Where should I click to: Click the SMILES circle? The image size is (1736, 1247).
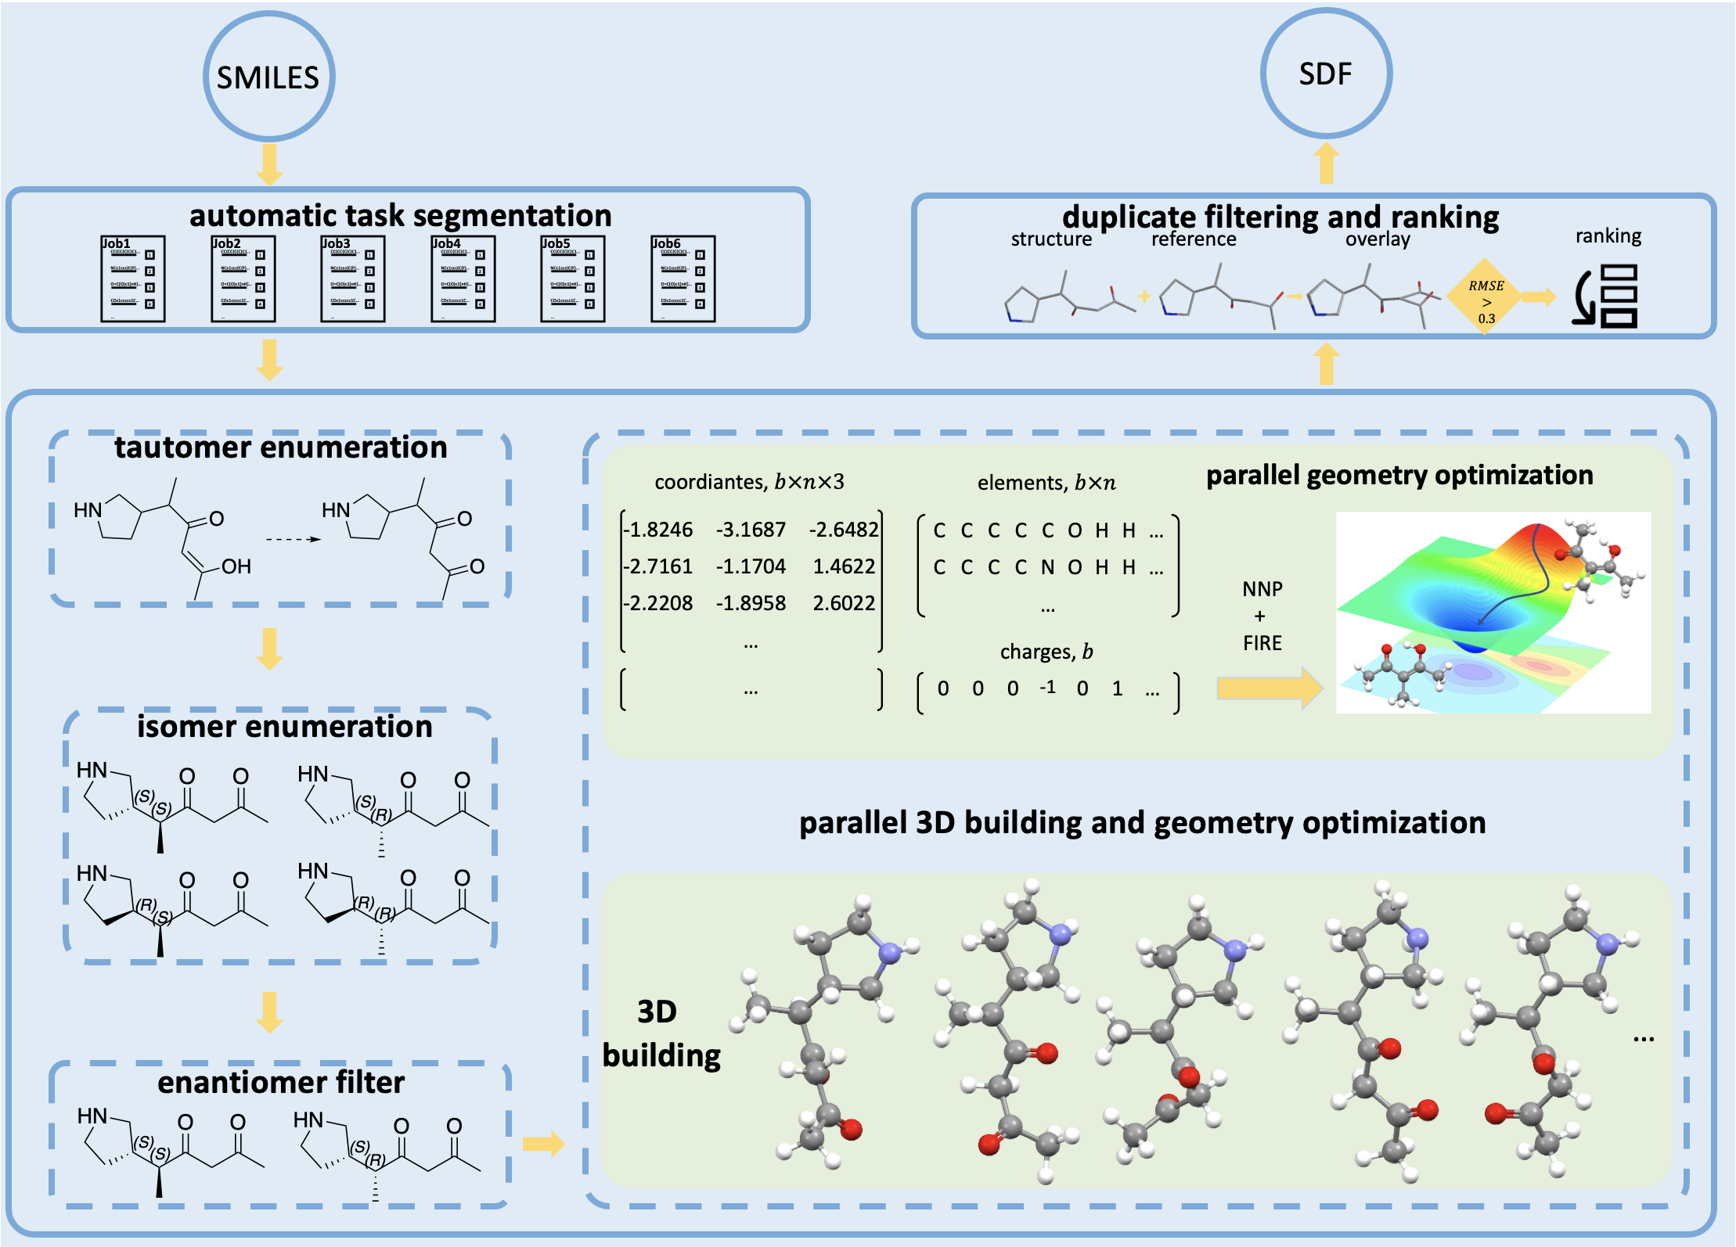point(268,77)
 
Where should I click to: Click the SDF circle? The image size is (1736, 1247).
point(1326,74)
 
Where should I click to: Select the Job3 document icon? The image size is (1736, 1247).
point(352,279)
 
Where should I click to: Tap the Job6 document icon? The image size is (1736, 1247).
point(683,279)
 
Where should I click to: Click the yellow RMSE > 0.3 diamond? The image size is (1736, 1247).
point(1485,297)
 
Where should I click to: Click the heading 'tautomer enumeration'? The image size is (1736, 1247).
point(280,447)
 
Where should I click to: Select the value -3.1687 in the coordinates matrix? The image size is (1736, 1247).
point(750,530)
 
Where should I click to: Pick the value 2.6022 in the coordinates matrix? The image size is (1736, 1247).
point(844,603)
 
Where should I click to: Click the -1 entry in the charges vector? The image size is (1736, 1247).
point(1047,687)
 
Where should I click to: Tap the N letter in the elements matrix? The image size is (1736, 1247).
point(1047,567)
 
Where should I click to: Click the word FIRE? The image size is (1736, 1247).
point(1262,643)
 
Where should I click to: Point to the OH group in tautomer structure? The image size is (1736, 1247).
point(236,566)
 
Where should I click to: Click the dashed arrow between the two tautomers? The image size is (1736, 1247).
point(293,539)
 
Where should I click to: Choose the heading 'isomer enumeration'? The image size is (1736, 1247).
point(284,727)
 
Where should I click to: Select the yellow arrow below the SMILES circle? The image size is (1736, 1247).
point(269,164)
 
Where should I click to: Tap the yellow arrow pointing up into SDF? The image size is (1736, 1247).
point(1326,164)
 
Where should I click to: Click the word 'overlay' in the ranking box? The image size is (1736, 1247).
point(1378,239)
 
